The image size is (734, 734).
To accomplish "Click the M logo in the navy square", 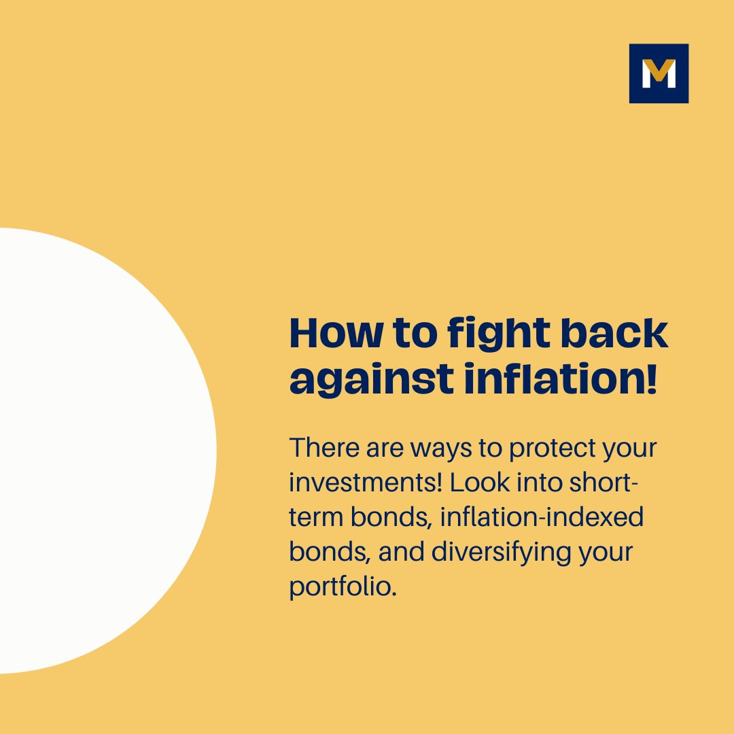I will coord(659,73).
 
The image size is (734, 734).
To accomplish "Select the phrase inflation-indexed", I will coord(542,518).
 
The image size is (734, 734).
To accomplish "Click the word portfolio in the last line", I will coord(340,587).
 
